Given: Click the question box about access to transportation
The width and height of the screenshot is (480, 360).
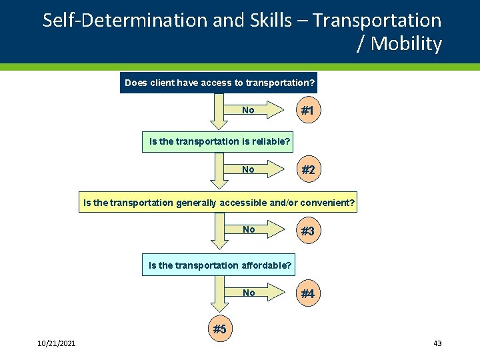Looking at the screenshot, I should click(219, 83).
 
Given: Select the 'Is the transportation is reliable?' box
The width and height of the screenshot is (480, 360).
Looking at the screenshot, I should click(219, 141).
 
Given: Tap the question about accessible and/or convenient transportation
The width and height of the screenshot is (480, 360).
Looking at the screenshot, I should click(219, 202).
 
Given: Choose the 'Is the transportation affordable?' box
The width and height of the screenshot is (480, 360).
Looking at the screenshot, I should click(220, 265).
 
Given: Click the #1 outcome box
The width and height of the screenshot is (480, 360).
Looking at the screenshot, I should click(307, 111).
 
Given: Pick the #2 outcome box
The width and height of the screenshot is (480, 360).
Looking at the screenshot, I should click(307, 170).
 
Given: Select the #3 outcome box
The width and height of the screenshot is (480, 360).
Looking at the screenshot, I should click(307, 231).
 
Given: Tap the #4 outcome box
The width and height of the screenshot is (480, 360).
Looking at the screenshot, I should click(307, 293).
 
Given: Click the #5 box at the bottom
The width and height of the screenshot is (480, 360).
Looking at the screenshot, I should click(219, 329).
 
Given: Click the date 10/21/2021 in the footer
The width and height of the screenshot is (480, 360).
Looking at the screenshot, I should click(57, 343).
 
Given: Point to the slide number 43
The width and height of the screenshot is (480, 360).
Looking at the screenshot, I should click(437, 343).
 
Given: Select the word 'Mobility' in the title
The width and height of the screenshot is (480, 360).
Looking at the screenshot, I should click(406, 44).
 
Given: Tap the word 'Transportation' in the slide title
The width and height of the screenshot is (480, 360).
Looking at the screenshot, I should click(377, 21).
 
